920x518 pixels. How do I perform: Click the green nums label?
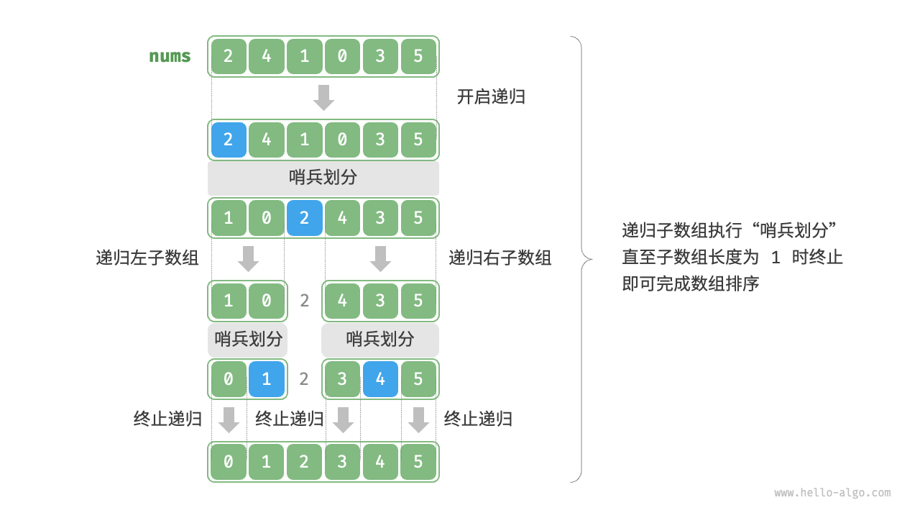pos(170,56)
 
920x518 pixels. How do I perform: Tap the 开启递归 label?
pos(491,97)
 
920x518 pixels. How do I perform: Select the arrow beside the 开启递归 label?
pos(323,97)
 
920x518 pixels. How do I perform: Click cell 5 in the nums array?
pos(418,56)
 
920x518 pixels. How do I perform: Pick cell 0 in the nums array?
pos(342,56)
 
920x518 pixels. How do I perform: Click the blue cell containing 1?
pos(267,379)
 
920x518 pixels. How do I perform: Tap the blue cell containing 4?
pos(380,379)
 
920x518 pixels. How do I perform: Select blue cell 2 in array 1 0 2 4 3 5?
pos(304,218)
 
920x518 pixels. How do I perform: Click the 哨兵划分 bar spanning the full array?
pos(323,178)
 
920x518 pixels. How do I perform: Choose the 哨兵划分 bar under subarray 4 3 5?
pos(380,339)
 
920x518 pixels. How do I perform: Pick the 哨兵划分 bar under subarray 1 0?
pos(248,339)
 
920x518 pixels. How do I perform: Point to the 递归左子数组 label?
pos(147,258)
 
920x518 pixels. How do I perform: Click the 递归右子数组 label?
pos(500,258)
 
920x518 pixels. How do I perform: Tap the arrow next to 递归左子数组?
pos(248,258)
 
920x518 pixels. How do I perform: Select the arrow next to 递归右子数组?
pos(380,258)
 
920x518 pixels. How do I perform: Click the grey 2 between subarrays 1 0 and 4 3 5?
pos(304,301)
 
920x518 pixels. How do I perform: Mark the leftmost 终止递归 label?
pos(167,419)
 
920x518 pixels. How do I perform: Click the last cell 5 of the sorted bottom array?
pos(418,461)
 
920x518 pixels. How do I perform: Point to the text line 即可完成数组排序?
pos(691,283)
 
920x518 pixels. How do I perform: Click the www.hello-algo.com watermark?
pos(832,493)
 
